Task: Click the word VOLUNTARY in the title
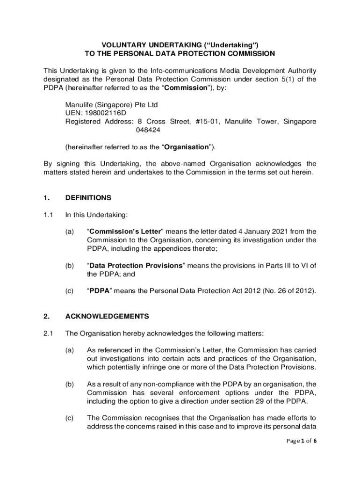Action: pos(111,44)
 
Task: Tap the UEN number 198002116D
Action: pos(108,113)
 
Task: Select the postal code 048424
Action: pos(148,130)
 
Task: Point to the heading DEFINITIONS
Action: pos(88,198)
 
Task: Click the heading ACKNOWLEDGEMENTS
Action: pos(107,316)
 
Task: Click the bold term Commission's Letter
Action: pos(125,232)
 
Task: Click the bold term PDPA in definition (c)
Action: pos(99,291)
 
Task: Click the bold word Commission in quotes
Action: pos(184,88)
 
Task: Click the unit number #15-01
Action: pos(206,122)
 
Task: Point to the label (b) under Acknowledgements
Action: pos(70,384)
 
